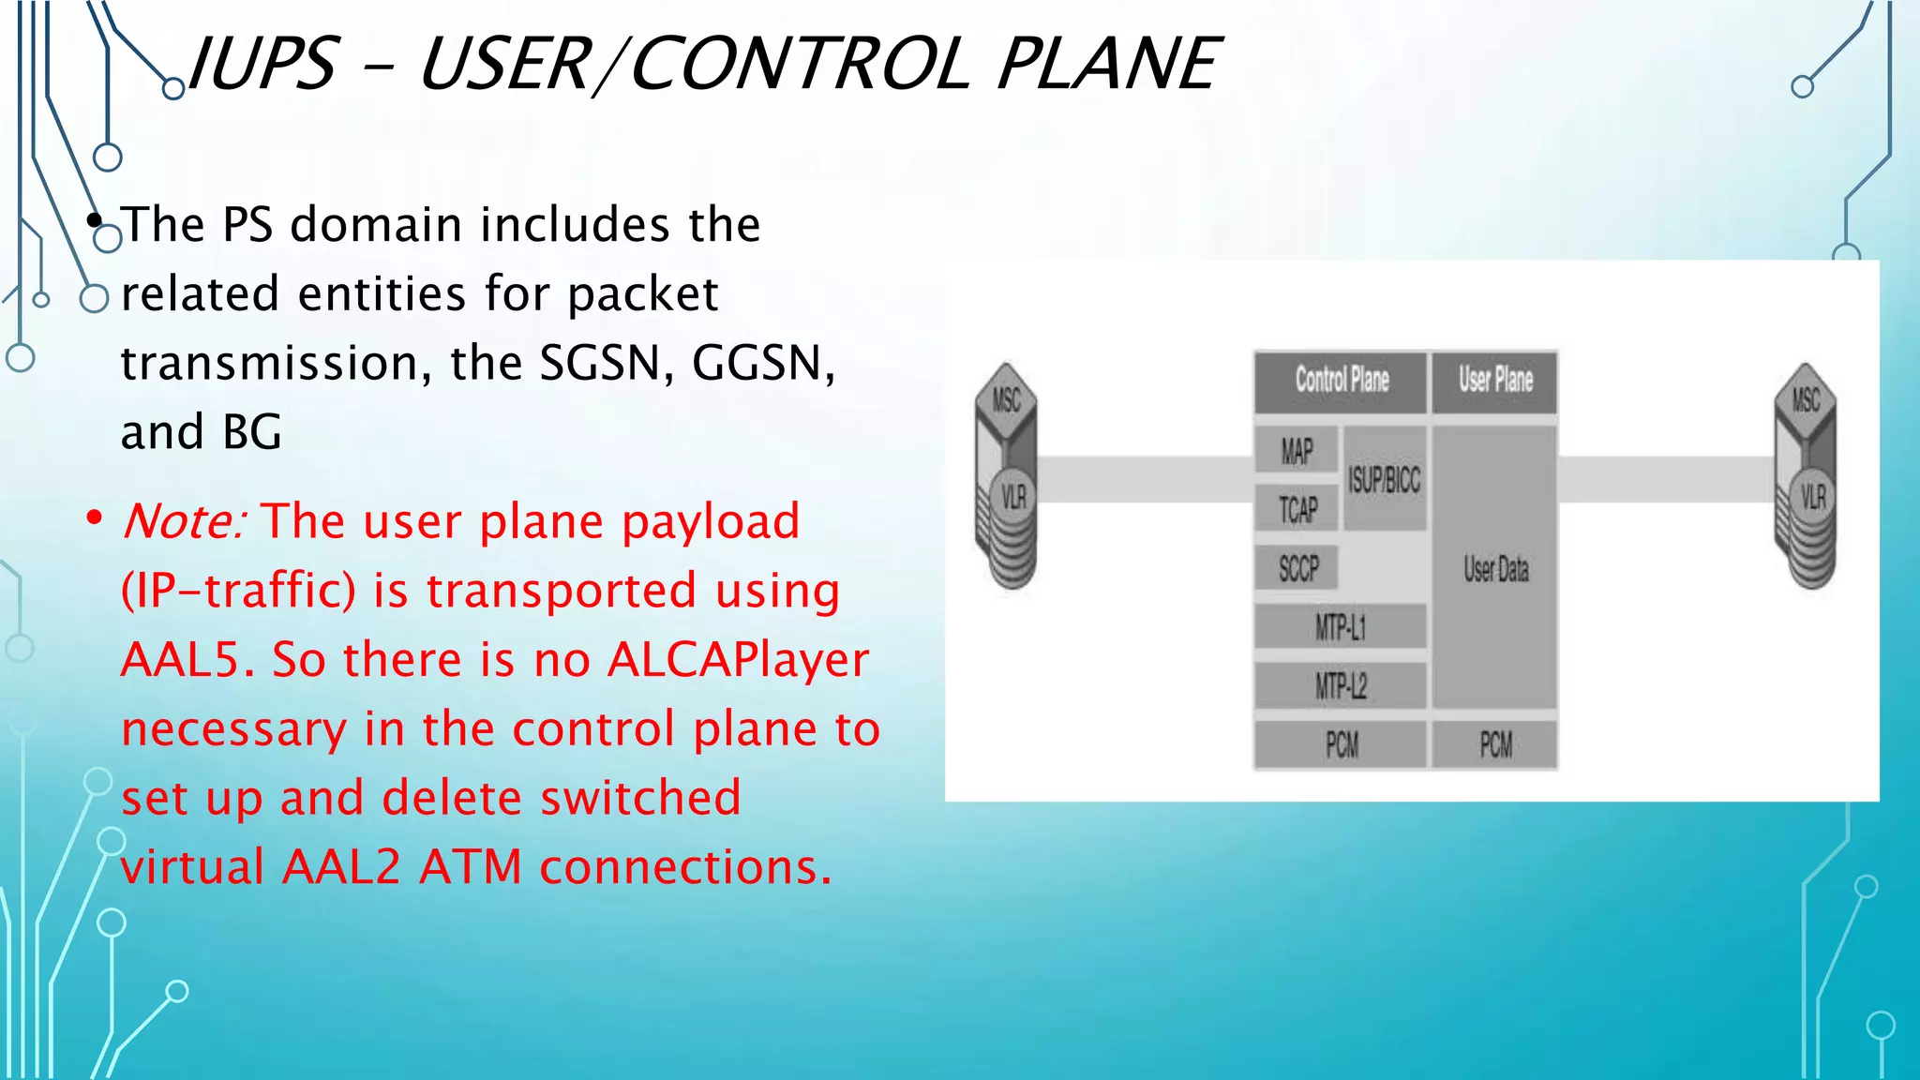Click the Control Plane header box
(1341, 381)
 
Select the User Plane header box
(1494, 381)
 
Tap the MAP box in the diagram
(1297, 451)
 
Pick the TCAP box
(1297, 509)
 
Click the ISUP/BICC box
(1384, 480)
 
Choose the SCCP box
(1297, 568)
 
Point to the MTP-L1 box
(1341, 626)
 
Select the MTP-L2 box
(1341, 686)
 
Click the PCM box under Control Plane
(1341, 745)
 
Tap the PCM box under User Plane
(1495, 745)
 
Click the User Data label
(1495, 569)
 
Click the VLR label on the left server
(1013, 496)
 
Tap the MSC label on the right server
(1806, 400)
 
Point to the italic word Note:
(184, 521)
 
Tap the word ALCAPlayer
(738, 660)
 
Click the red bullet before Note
(94, 518)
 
